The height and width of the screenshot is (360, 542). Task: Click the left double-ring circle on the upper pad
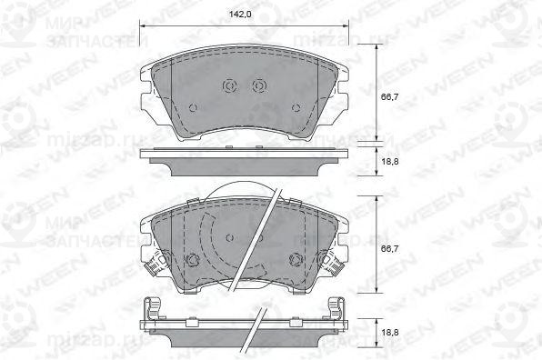pyautogui.click(x=229, y=86)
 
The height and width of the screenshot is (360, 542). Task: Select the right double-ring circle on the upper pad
pyautogui.click(x=259, y=86)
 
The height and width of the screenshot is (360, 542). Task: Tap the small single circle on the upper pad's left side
pyautogui.click(x=192, y=106)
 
